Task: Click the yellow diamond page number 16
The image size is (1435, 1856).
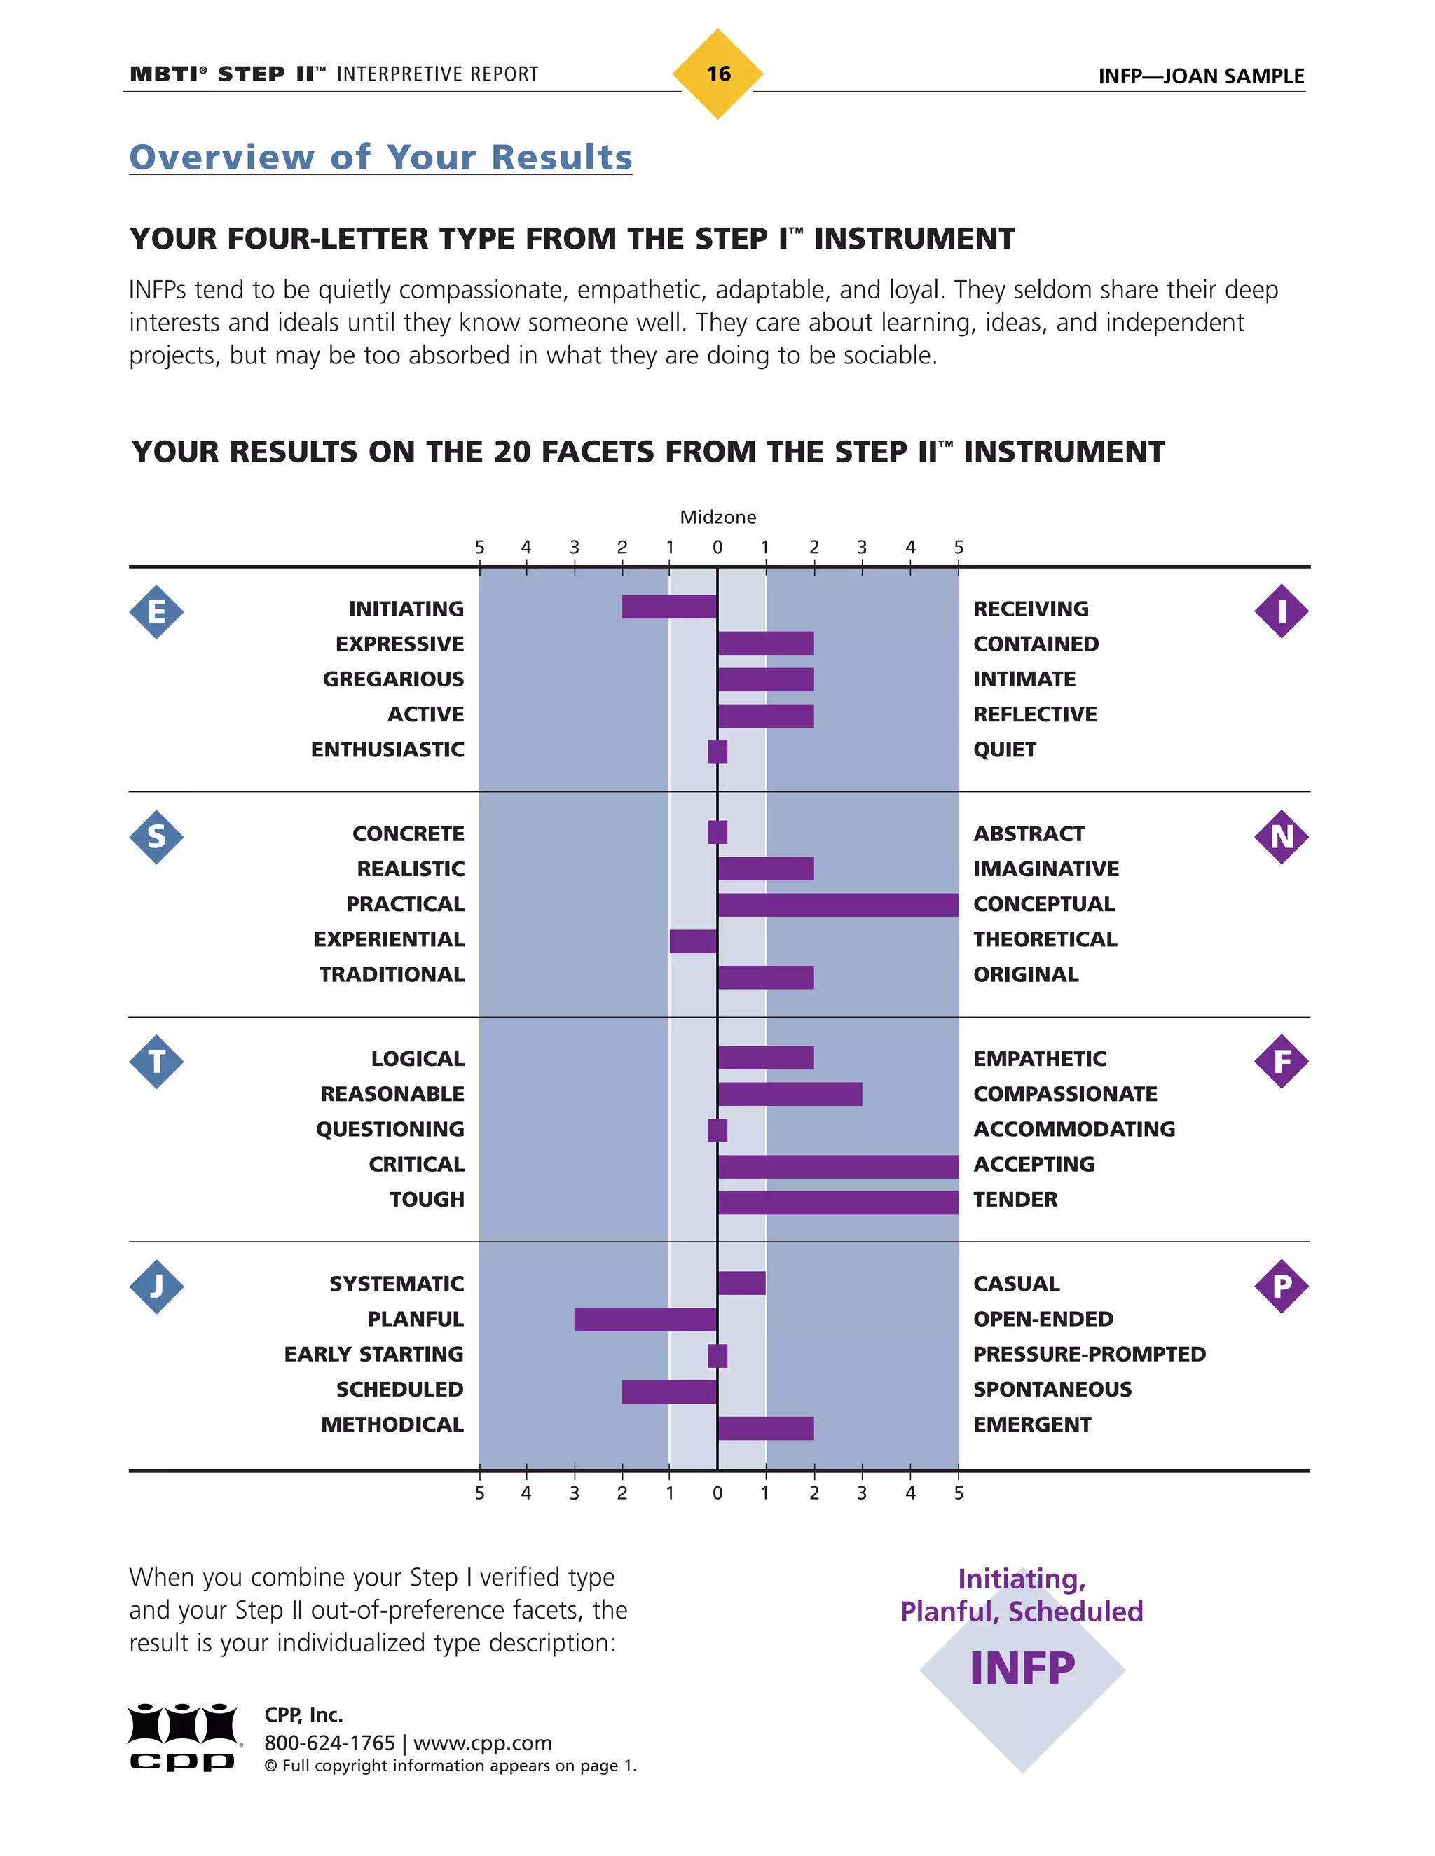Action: tap(717, 74)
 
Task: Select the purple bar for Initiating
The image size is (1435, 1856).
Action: tap(669, 607)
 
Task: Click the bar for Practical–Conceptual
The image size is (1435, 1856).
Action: tap(837, 904)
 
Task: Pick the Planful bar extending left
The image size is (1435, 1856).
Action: tap(645, 1319)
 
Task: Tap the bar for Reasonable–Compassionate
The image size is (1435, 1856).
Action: tap(789, 1094)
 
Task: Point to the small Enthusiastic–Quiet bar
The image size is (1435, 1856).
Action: tap(717, 752)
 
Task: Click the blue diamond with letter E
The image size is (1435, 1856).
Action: tap(156, 611)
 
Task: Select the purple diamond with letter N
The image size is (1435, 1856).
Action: tap(1281, 837)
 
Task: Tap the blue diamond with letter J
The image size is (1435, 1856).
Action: tap(156, 1287)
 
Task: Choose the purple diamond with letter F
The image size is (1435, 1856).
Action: tap(1281, 1061)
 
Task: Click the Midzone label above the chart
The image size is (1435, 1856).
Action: tap(717, 517)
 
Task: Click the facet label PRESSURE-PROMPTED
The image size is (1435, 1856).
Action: tap(1089, 1354)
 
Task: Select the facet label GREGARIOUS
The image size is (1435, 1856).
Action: tap(393, 679)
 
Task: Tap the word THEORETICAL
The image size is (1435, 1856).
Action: tap(1045, 939)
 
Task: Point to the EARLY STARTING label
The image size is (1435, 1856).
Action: tap(373, 1354)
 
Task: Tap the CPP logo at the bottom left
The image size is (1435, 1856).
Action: tap(183, 1737)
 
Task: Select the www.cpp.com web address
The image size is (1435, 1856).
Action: tap(482, 1743)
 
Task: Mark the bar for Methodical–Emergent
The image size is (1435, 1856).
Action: tap(765, 1427)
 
